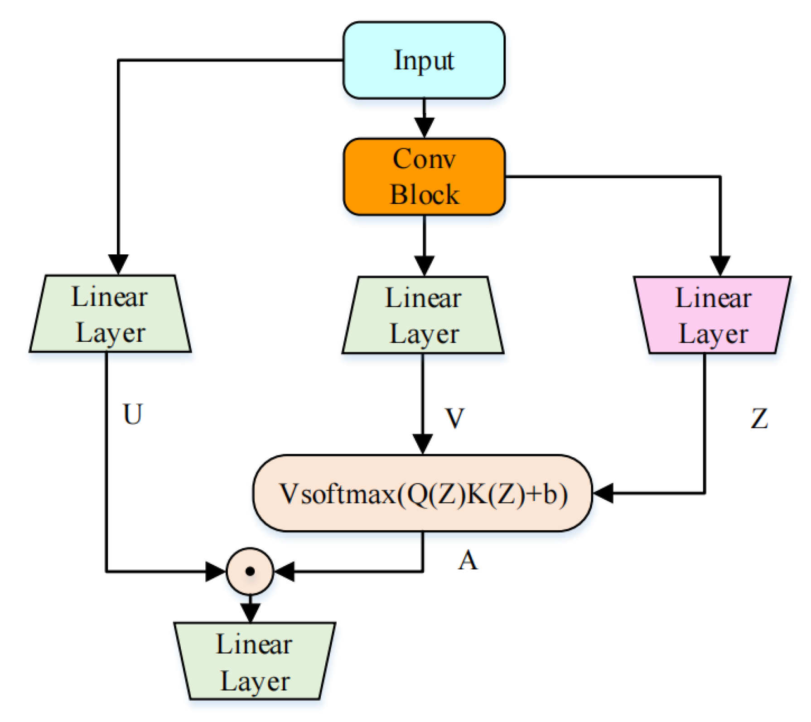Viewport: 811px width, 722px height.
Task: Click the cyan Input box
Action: pyautogui.click(x=424, y=60)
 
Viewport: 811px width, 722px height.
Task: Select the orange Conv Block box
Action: pyautogui.click(x=424, y=177)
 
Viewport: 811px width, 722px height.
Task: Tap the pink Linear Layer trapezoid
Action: pyautogui.click(x=712, y=315)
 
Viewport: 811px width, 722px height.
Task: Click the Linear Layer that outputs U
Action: pyautogui.click(x=110, y=314)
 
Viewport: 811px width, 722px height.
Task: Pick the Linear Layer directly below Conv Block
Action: pyautogui.click(x=423, y=315)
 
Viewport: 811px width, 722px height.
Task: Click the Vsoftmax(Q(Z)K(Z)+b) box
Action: pyautogui.click(x=423, y=493)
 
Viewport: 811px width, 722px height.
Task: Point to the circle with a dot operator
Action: pyautogui.click(x=250, y=572)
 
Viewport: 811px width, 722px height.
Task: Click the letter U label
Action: pyautogui.click(x=133, y=414)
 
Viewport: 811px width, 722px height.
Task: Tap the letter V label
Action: pyautogui.click(x=454, y=418)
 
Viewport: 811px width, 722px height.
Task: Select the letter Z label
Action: pyautogui.click(x=759, y=418)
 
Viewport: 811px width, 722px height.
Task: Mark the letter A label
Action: pyautogui.click(x=468, y=561)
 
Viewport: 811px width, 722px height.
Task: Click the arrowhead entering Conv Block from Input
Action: pyautogui.click(x=424, y=127)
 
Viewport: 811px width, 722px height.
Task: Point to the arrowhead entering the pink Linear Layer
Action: pyautogui.click(x=720, y=266)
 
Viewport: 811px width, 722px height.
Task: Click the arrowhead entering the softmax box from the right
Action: pyautogui.click(x=604, y=493)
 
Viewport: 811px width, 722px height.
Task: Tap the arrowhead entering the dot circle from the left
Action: pyautogui.click(x=215, y=572)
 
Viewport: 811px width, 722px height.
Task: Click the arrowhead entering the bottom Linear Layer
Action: pyautogui.click(x=250, y=613)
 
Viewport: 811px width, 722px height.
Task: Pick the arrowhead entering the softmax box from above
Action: pyautogui.click(x=423, y=444)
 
